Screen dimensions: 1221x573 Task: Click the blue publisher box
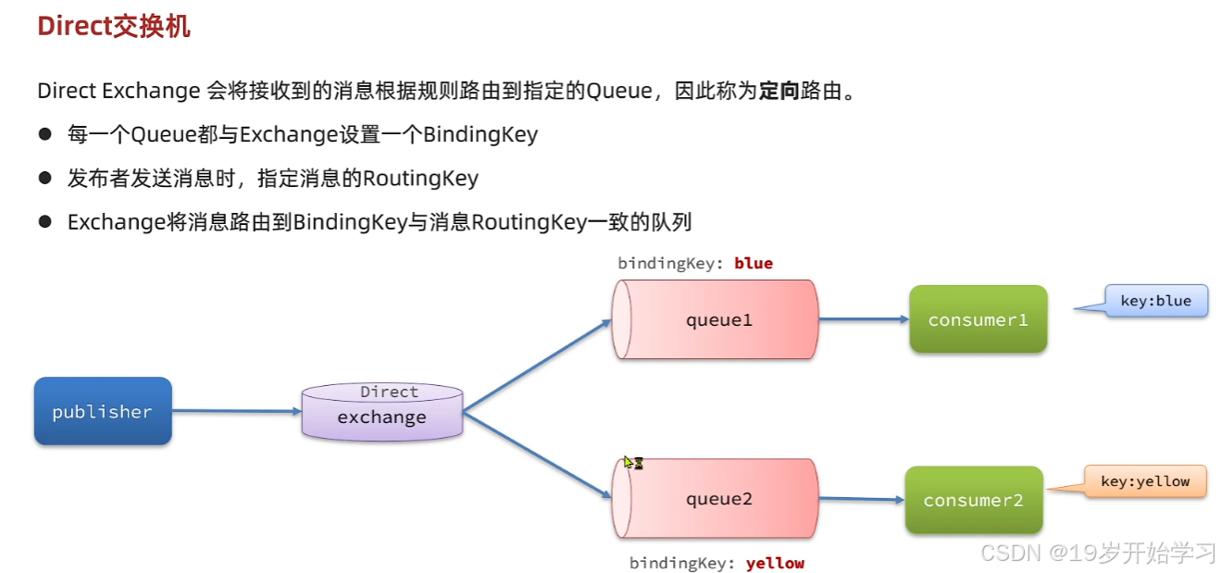[x=103, y=411]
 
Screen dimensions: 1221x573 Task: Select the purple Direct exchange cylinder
[x=382, y=412]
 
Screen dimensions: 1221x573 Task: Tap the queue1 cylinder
[x=715, y=319]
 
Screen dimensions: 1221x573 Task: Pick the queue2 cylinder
[x=715, y=498]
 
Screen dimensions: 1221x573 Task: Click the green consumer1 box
[x=978, y=319]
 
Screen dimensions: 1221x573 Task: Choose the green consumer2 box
[x=974, y=499]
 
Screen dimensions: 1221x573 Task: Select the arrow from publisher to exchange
[x=237, y=411]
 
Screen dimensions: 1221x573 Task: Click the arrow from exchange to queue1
[x=538, y=366]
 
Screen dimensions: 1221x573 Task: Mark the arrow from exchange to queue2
[x=538, y=455]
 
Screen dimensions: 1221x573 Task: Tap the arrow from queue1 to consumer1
[x=864, y=319]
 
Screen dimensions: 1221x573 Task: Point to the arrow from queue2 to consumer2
[x=862, y=499]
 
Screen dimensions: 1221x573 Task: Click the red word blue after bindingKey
[x=754, y=263]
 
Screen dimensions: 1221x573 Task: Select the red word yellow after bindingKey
[x=775, y=563]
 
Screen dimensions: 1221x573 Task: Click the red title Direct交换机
[x=114, y=26]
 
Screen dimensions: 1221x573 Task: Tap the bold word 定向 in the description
[x=779, y=91]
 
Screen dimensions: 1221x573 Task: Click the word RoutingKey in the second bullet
[x=421, y=179]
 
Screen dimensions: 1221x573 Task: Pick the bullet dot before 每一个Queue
[x=45, y=134]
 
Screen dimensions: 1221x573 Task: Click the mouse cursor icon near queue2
[x=633, y=463]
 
